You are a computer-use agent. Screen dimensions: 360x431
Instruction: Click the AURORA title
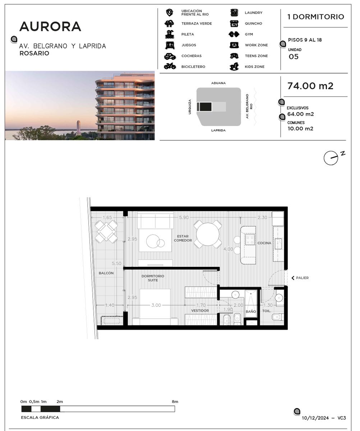(x=50, y=27)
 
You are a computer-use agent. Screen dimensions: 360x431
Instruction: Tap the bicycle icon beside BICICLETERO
(x=170, y=66)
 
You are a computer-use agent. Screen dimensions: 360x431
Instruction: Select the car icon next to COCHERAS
(x=170, y=56)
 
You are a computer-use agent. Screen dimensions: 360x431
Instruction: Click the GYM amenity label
(x=249, y=34)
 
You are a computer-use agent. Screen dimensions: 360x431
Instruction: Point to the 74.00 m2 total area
(x=310, y=86)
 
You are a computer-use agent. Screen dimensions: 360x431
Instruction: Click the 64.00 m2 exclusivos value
(x=300, y=114)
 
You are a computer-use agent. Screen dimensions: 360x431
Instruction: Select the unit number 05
(x=294, y=56)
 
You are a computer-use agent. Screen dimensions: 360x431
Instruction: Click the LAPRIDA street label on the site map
(x=218, y=130)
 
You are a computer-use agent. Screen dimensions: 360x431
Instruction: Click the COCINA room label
(x=264, y=243)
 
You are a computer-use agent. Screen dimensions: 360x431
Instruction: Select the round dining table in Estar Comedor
(x=208, y=234)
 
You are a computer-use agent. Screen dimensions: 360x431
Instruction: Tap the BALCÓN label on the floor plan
(x=106, y=273)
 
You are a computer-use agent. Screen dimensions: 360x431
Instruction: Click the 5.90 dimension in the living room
(x=184, y=217)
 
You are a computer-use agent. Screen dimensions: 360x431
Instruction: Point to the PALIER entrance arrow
(x=293, y=278)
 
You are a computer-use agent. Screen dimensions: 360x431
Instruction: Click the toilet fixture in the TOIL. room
(x=278, y=317)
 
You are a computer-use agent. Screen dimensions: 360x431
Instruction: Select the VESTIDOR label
(x=200, y=310)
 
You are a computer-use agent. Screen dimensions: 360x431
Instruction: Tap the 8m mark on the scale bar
(x=175, y=402)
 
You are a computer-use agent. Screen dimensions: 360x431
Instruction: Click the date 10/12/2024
(x=315, y=418)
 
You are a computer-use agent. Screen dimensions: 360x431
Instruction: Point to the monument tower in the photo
(x=78, y=128)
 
